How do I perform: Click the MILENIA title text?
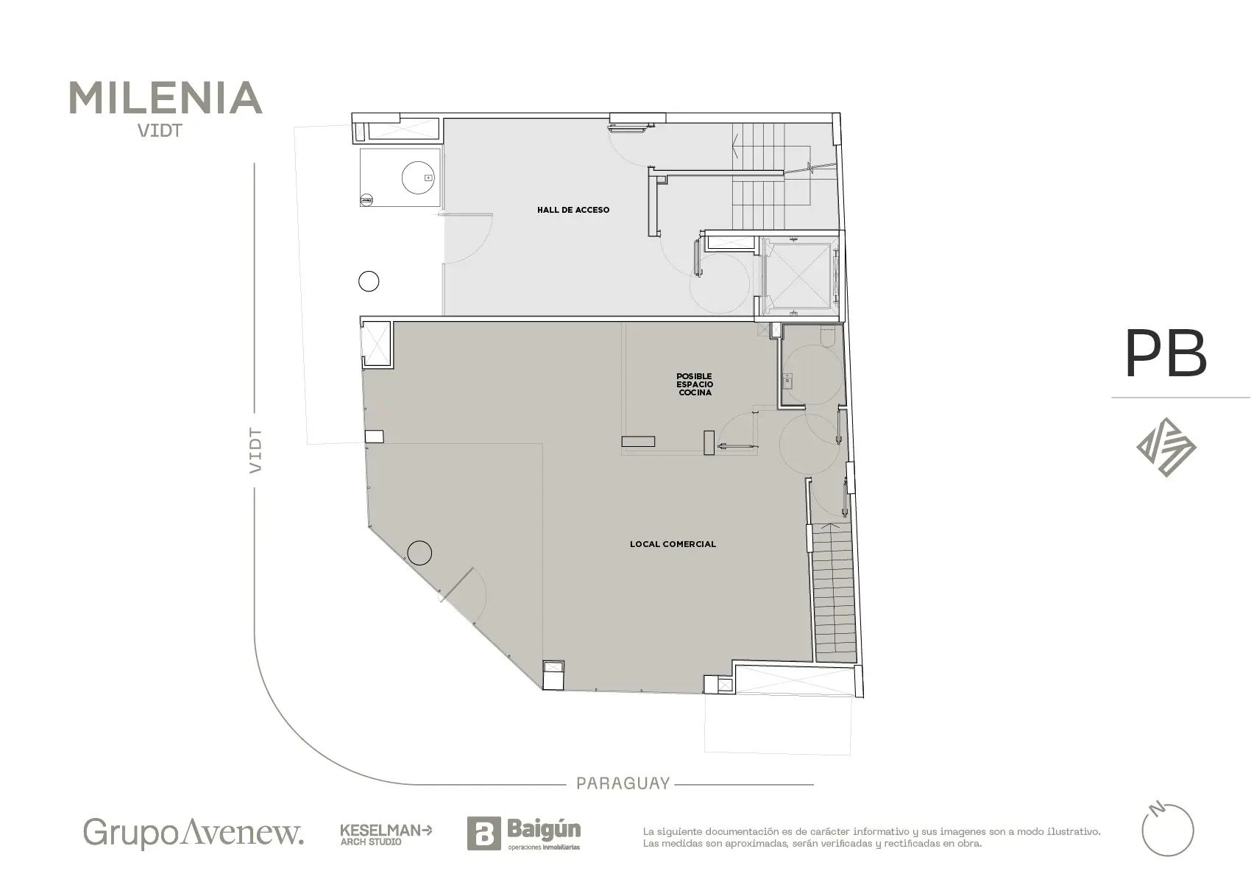(166, 98)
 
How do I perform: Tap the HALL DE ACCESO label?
(573, 210)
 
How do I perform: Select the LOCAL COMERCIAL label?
(673, 544)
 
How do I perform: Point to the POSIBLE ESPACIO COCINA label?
(695, 384)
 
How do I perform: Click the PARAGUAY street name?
(623, 783)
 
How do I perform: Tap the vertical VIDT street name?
(255, 451)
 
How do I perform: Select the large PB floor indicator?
(1166, 353)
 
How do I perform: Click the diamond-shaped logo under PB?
(1166, 448)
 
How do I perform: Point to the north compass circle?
(1168, 831)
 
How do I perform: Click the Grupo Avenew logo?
(194, 833)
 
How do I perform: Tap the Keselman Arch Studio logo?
(386, 835)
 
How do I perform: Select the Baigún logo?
(524, 833)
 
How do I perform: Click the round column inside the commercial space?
(419, 553)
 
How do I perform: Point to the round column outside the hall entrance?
(369, 281)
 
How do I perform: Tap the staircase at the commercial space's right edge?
(833, 593)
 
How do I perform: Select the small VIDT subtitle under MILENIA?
(160, 131)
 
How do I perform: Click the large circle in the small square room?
(418, 177)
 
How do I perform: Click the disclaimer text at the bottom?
(871, 837)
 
